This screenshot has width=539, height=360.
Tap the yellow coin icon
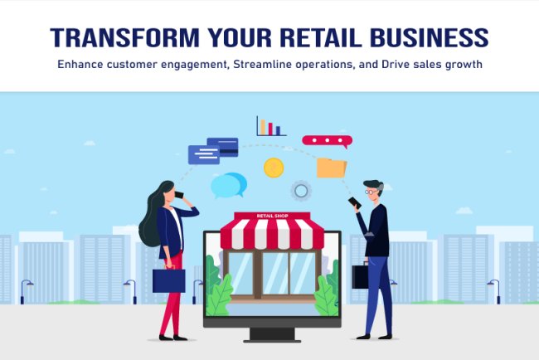[274, 168]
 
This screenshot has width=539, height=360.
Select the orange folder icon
[332, 168]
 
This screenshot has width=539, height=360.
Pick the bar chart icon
[270, 127]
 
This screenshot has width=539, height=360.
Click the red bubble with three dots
[327, 141]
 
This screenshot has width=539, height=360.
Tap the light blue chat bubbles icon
[228, 185]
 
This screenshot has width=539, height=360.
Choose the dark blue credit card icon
[222, 144]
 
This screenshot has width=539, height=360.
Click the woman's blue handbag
[168, 280]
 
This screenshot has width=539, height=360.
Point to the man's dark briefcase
[360, 276]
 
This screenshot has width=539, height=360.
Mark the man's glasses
[375, 192]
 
